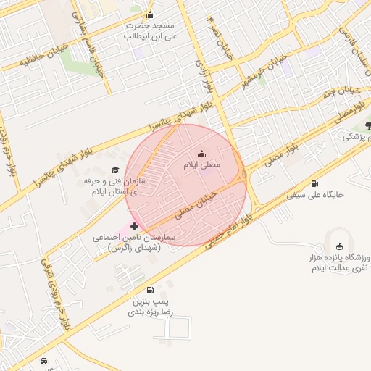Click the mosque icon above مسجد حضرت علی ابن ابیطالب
tap(150, 14)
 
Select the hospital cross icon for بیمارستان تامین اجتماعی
tap(135, 227)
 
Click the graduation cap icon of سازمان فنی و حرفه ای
tap(114, 170)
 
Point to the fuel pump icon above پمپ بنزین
tap(150, 289)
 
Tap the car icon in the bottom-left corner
tap(45, 361)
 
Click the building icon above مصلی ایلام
tap(201, 154)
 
